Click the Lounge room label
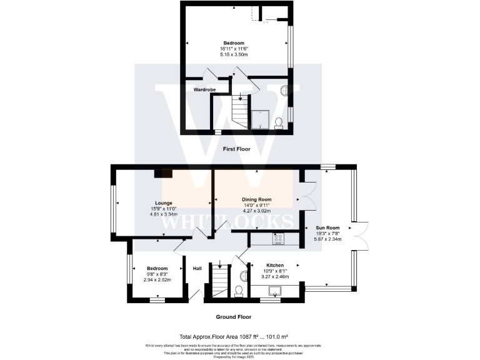click(x=163, y=203)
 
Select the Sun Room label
click(x=327, y=227)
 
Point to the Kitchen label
click(x=275, y=264)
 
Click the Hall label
click(x=197, y=269)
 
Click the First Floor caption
click(x=236, y=149)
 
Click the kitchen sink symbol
click(x=275, y=290)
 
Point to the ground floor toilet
click(x=237, y=291)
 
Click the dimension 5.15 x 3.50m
click(x=234, y=54)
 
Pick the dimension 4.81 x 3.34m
click(x=163, y=214)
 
